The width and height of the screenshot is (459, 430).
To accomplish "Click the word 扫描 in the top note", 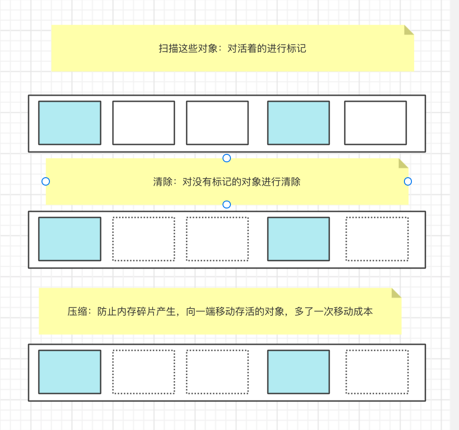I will [168, 49].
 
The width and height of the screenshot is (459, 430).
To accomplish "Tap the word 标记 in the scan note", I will [296, 49].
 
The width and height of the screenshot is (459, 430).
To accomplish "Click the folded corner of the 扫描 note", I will [409, 30].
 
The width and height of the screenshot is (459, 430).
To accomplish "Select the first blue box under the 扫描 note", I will [70, 123].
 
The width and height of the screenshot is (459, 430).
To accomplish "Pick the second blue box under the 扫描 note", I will [298, 123].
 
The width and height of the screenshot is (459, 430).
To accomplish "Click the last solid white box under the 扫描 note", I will [375, 123].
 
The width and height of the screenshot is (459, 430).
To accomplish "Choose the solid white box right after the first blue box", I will [143, 123].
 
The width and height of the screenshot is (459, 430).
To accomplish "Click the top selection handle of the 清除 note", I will [227, 158].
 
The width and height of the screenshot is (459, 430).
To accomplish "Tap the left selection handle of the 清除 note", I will [46, 181].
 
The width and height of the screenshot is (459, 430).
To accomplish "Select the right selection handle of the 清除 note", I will [408, 181].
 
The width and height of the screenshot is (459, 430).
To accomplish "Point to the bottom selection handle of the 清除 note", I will [227, 204].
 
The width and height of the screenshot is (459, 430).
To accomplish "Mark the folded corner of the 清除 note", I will [403, 163].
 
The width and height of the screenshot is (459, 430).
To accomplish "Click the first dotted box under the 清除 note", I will [143, 239].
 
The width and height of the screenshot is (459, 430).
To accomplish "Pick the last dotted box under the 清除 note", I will [377, 239].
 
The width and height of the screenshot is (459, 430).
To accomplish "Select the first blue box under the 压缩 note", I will [70, 372].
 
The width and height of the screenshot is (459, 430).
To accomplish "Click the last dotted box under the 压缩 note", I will [377, 372].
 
